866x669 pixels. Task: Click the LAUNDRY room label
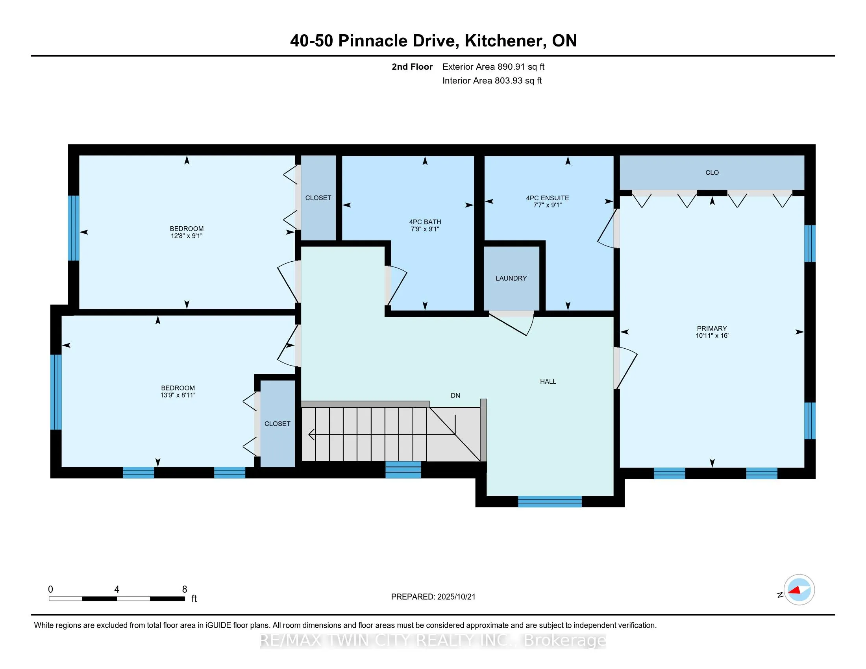click(x=511, y=278)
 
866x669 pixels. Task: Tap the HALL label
click(x=548, y=381)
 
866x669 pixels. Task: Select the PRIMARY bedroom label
click(x=712, y=329)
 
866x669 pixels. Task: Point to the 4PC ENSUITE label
click(x=548, y=198)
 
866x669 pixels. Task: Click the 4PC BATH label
click(x=425, y=222)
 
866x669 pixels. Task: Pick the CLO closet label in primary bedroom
click(x=712, y=172)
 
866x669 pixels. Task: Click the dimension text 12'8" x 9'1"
click(x=187, y=236)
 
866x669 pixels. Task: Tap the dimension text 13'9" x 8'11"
click(x=178, y=395)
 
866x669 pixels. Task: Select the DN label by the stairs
click(x=455, y=395)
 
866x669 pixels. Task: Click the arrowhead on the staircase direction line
click(x=312, y=435)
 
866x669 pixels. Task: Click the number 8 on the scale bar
click(x=184, y=590)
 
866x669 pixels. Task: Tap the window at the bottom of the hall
click(x=550, y=501)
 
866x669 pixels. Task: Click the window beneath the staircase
click(x=403, y=469)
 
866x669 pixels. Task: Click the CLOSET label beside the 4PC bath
click(x=318, y=198)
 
